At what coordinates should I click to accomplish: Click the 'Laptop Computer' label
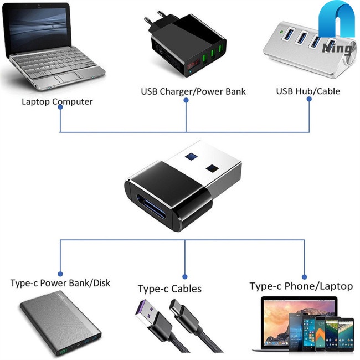57,101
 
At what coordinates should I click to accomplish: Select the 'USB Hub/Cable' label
308,91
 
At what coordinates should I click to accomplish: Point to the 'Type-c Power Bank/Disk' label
60,283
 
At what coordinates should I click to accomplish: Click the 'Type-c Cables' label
169,289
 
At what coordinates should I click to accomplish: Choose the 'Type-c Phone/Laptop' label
301,286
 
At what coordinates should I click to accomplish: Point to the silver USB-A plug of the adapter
208,166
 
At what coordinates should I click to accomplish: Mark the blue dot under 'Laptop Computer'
60,107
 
